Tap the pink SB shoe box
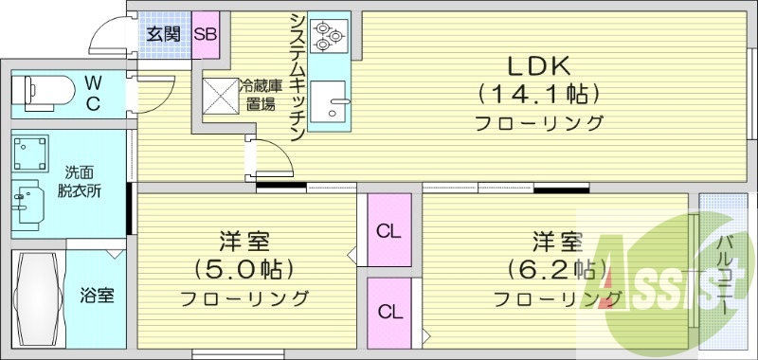(x=206, y=35)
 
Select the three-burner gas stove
(x=328, y=34)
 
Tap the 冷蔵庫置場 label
(x=258, y=96)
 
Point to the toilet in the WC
(x=44, y=92)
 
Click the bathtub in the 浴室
(x=39, y=298)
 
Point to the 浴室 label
(x=97, y=296)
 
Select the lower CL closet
(x=388, y=311)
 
